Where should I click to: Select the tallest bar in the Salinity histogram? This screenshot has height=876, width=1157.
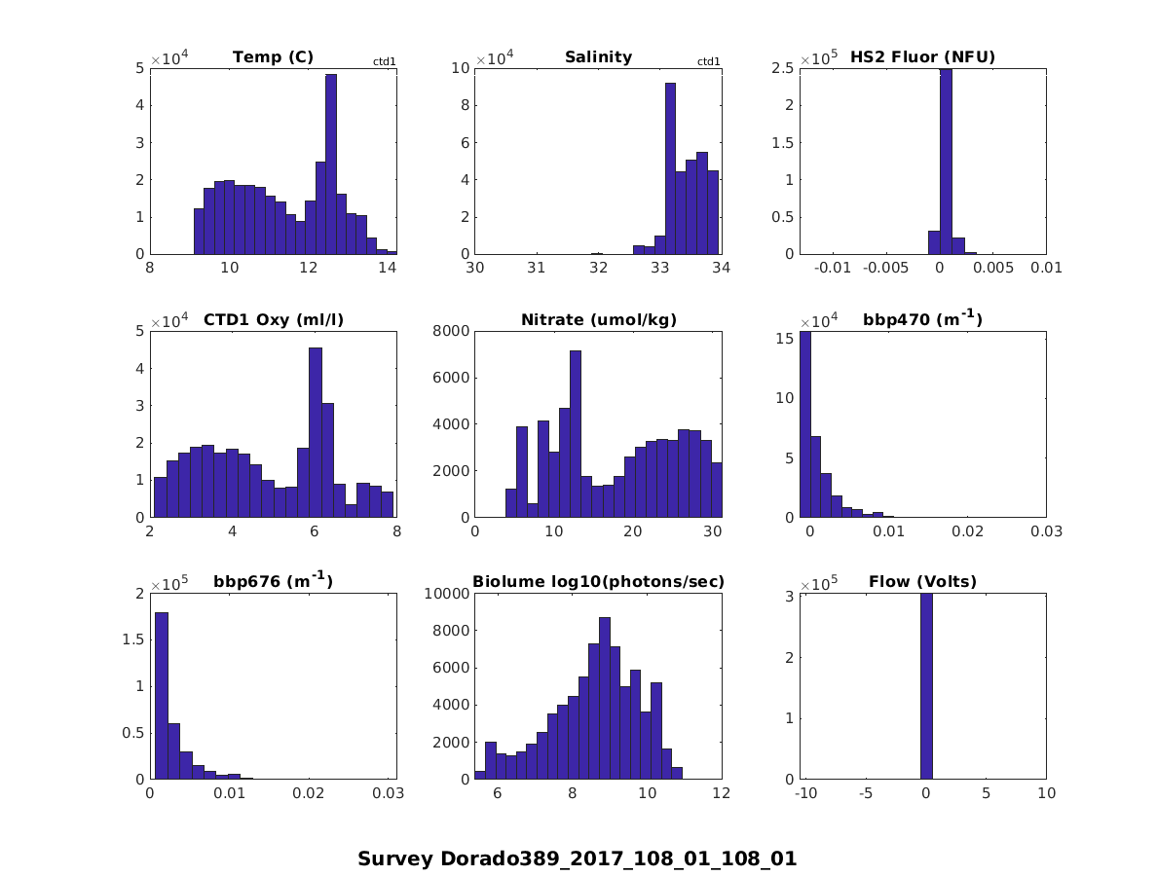670,167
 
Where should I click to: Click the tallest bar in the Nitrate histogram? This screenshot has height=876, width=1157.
576,433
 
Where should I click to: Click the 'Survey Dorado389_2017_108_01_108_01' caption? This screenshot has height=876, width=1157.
577,859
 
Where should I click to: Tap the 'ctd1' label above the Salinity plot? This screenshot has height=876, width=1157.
709,62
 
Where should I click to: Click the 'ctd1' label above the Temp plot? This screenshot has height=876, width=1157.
385,62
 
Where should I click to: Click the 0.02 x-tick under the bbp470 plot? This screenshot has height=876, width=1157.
964,530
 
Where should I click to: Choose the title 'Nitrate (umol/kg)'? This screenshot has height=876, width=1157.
598,319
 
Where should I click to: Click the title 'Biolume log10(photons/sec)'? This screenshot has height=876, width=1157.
598,582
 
